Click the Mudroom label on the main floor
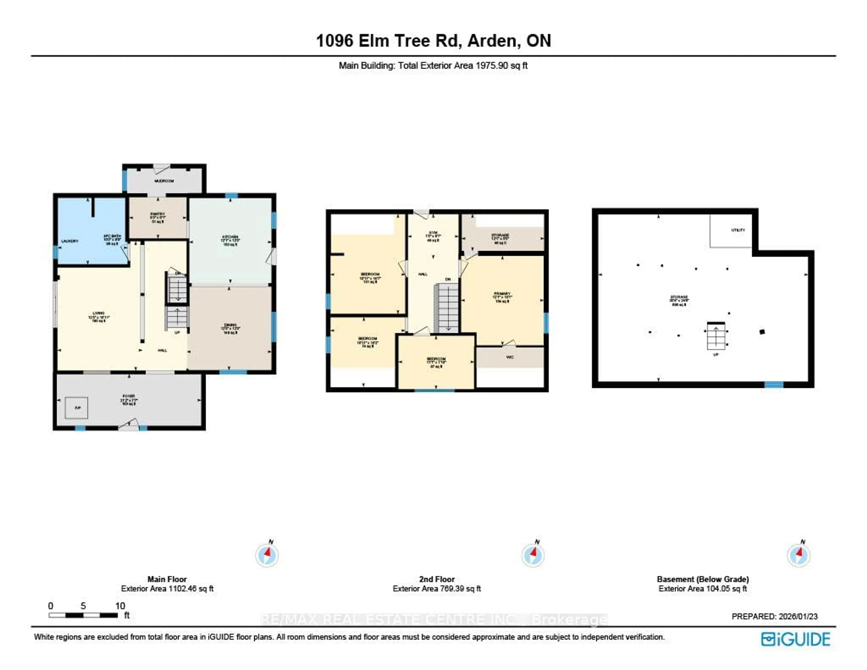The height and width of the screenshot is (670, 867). (164, 181)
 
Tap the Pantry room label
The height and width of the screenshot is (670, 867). (158, 214)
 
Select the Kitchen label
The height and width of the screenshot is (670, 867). (230, 237)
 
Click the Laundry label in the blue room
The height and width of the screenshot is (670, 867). (70, 241)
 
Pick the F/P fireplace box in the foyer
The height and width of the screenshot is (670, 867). (77, 408)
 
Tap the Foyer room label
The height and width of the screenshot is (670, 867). (129, 396)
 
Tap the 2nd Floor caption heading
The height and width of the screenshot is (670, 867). (437, 579)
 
